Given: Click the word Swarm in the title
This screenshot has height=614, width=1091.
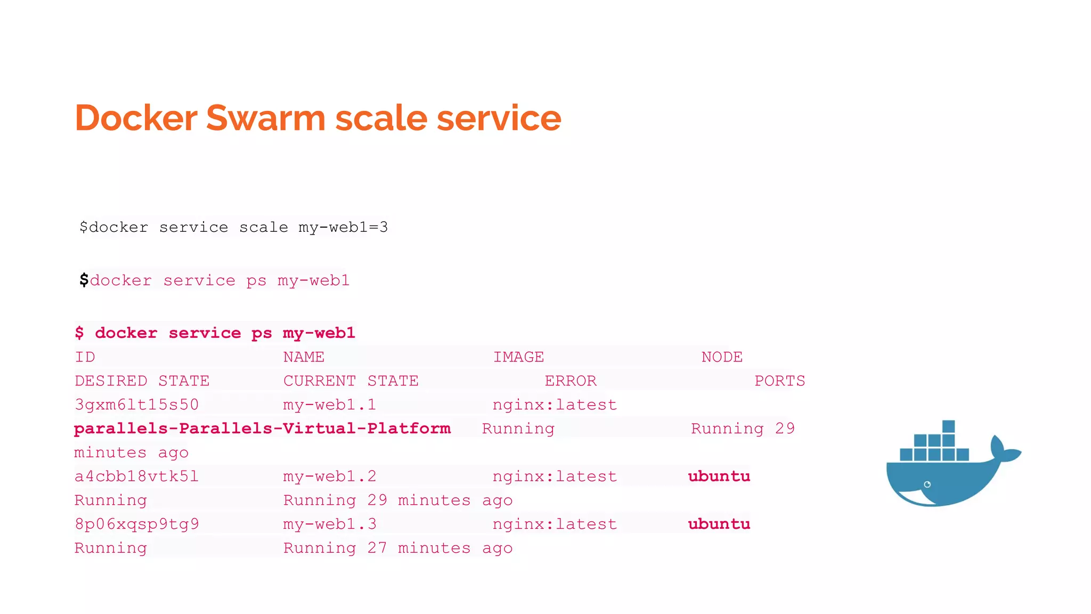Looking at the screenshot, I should click(x=265, y=118).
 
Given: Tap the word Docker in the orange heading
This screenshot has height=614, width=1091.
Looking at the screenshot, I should click(x=136, y=118).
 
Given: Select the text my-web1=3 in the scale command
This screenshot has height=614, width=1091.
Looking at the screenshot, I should click(x=343, y=228).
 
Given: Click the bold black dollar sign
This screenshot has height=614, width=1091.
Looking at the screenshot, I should click(x=84, y=280).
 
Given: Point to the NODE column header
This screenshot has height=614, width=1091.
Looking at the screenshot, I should click(x=721, y=357).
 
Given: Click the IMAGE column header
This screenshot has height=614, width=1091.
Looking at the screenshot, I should click(x=518, y=357).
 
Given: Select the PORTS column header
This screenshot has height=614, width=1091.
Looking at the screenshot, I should click(x=779, y=381).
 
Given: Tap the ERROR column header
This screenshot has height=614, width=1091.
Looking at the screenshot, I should click(x=570, y=381).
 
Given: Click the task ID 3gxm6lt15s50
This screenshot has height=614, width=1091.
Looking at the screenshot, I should click(x=136, y=405).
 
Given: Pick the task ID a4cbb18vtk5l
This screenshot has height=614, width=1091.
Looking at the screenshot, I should click(x=136, y=476).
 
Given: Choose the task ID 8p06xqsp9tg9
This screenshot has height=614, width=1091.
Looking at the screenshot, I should click(x=136, y=524).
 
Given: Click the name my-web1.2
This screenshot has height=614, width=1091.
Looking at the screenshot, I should click(x=329, y=476).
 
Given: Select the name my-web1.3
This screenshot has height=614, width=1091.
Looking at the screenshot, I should click(x=329, y=524).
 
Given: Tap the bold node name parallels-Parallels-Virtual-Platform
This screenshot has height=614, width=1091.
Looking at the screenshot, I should click(x=262, y=429).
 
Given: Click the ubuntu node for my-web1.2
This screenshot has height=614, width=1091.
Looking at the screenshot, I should click(x=719, y=476).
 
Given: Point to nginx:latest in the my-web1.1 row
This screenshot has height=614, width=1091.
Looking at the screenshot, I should click(x=555, y=405).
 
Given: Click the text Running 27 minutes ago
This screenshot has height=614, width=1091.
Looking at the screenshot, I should click(x=397, y=548).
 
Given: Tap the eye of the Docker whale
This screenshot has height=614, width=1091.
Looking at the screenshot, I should click(x=927, y=484).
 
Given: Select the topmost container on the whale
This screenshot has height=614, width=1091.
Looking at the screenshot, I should click(x=948, y=426).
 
